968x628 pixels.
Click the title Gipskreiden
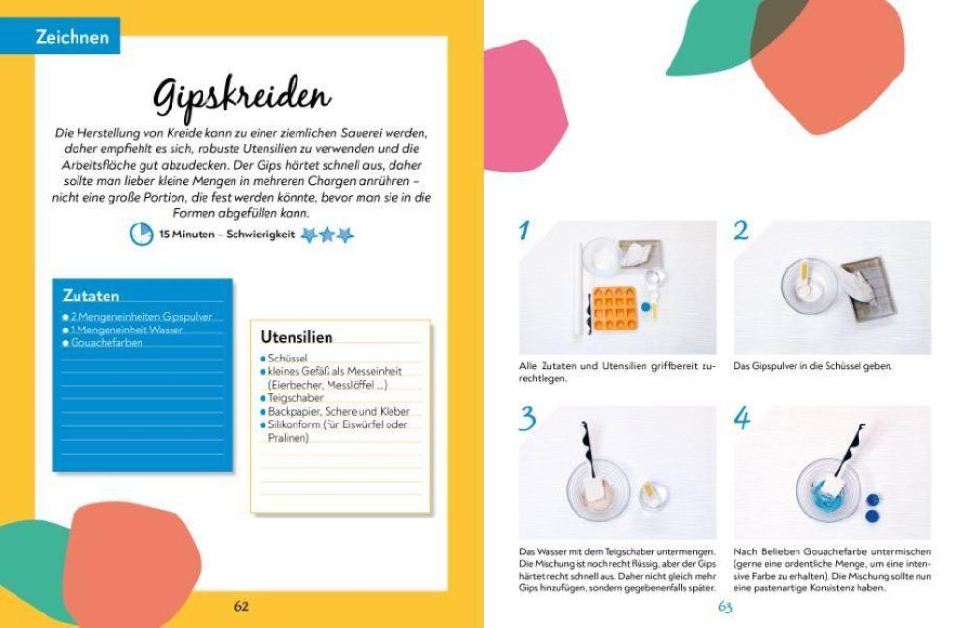(242, 95)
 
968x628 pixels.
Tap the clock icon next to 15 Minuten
(141, 234)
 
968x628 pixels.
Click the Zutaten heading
(90, 295)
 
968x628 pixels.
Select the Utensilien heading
(296, 337)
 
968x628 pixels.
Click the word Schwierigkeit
(259, 235)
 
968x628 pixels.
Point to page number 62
(241, 606)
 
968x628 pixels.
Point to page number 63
(725, 607)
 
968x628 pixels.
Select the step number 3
(527, 419)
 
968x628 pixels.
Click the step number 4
(743, 419)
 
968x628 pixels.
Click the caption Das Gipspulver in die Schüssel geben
(812, 367)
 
